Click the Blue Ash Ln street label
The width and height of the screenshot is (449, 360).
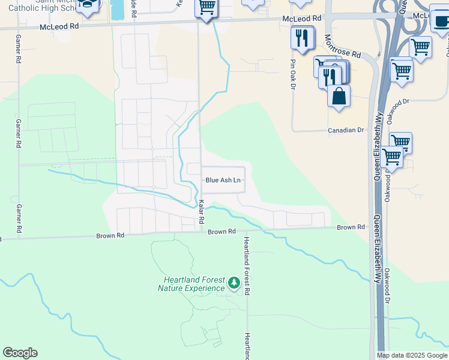pos(223,180)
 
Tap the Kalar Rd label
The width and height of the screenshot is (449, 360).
pos(202,213)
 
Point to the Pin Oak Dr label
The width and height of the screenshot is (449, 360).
pos(294,74)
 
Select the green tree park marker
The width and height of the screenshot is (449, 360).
pos(234,281)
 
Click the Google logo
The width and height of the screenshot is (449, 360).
pos(20,353)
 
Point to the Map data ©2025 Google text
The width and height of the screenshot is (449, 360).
pos(412,355)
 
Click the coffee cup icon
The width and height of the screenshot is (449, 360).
pos(441,21)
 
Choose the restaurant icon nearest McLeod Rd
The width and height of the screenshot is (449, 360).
pos(303,37)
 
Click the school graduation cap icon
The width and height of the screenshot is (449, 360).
pos(88,5)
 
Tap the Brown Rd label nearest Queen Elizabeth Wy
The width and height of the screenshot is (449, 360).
pos(351,227)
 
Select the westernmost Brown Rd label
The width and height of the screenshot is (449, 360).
pos(110,236)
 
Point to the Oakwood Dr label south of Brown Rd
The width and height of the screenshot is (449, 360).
pos(388,286)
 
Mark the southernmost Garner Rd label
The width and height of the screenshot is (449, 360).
pos(19,218)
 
